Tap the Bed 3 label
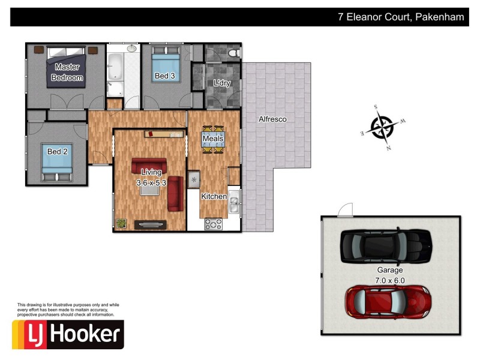(165, 76)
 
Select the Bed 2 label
(57, 152)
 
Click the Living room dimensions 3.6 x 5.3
(151, 182)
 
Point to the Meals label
(213, 139)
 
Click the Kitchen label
(214, 196)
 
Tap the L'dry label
(222, 83)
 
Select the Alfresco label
(272, 119)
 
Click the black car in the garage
(386, 245)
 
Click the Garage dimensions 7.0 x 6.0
(390, 280)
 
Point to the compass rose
(382, 127)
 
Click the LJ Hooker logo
(68, 334)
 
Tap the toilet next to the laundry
(233, 53)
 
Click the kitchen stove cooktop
(214, 224)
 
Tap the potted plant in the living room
(121, 223)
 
